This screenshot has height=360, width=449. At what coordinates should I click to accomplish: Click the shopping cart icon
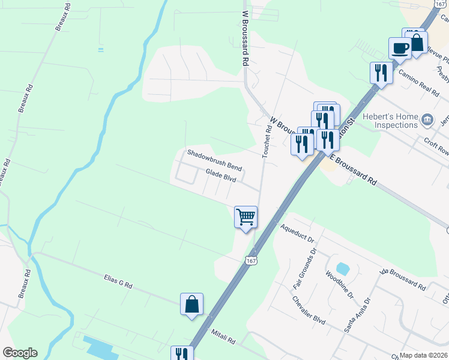[246, 217]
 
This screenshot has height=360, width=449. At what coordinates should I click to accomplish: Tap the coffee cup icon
[400, 48]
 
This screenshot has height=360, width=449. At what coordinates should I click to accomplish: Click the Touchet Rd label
[266, 140]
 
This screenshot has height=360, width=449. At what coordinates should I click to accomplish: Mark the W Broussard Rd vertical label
[245, 37]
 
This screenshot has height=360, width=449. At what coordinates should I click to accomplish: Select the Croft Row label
[436, 147]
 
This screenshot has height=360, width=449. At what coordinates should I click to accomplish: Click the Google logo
[20, 353]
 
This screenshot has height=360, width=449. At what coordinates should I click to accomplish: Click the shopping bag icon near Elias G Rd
[191, 304]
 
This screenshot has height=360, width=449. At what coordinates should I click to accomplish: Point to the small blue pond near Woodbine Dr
[342, 268]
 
